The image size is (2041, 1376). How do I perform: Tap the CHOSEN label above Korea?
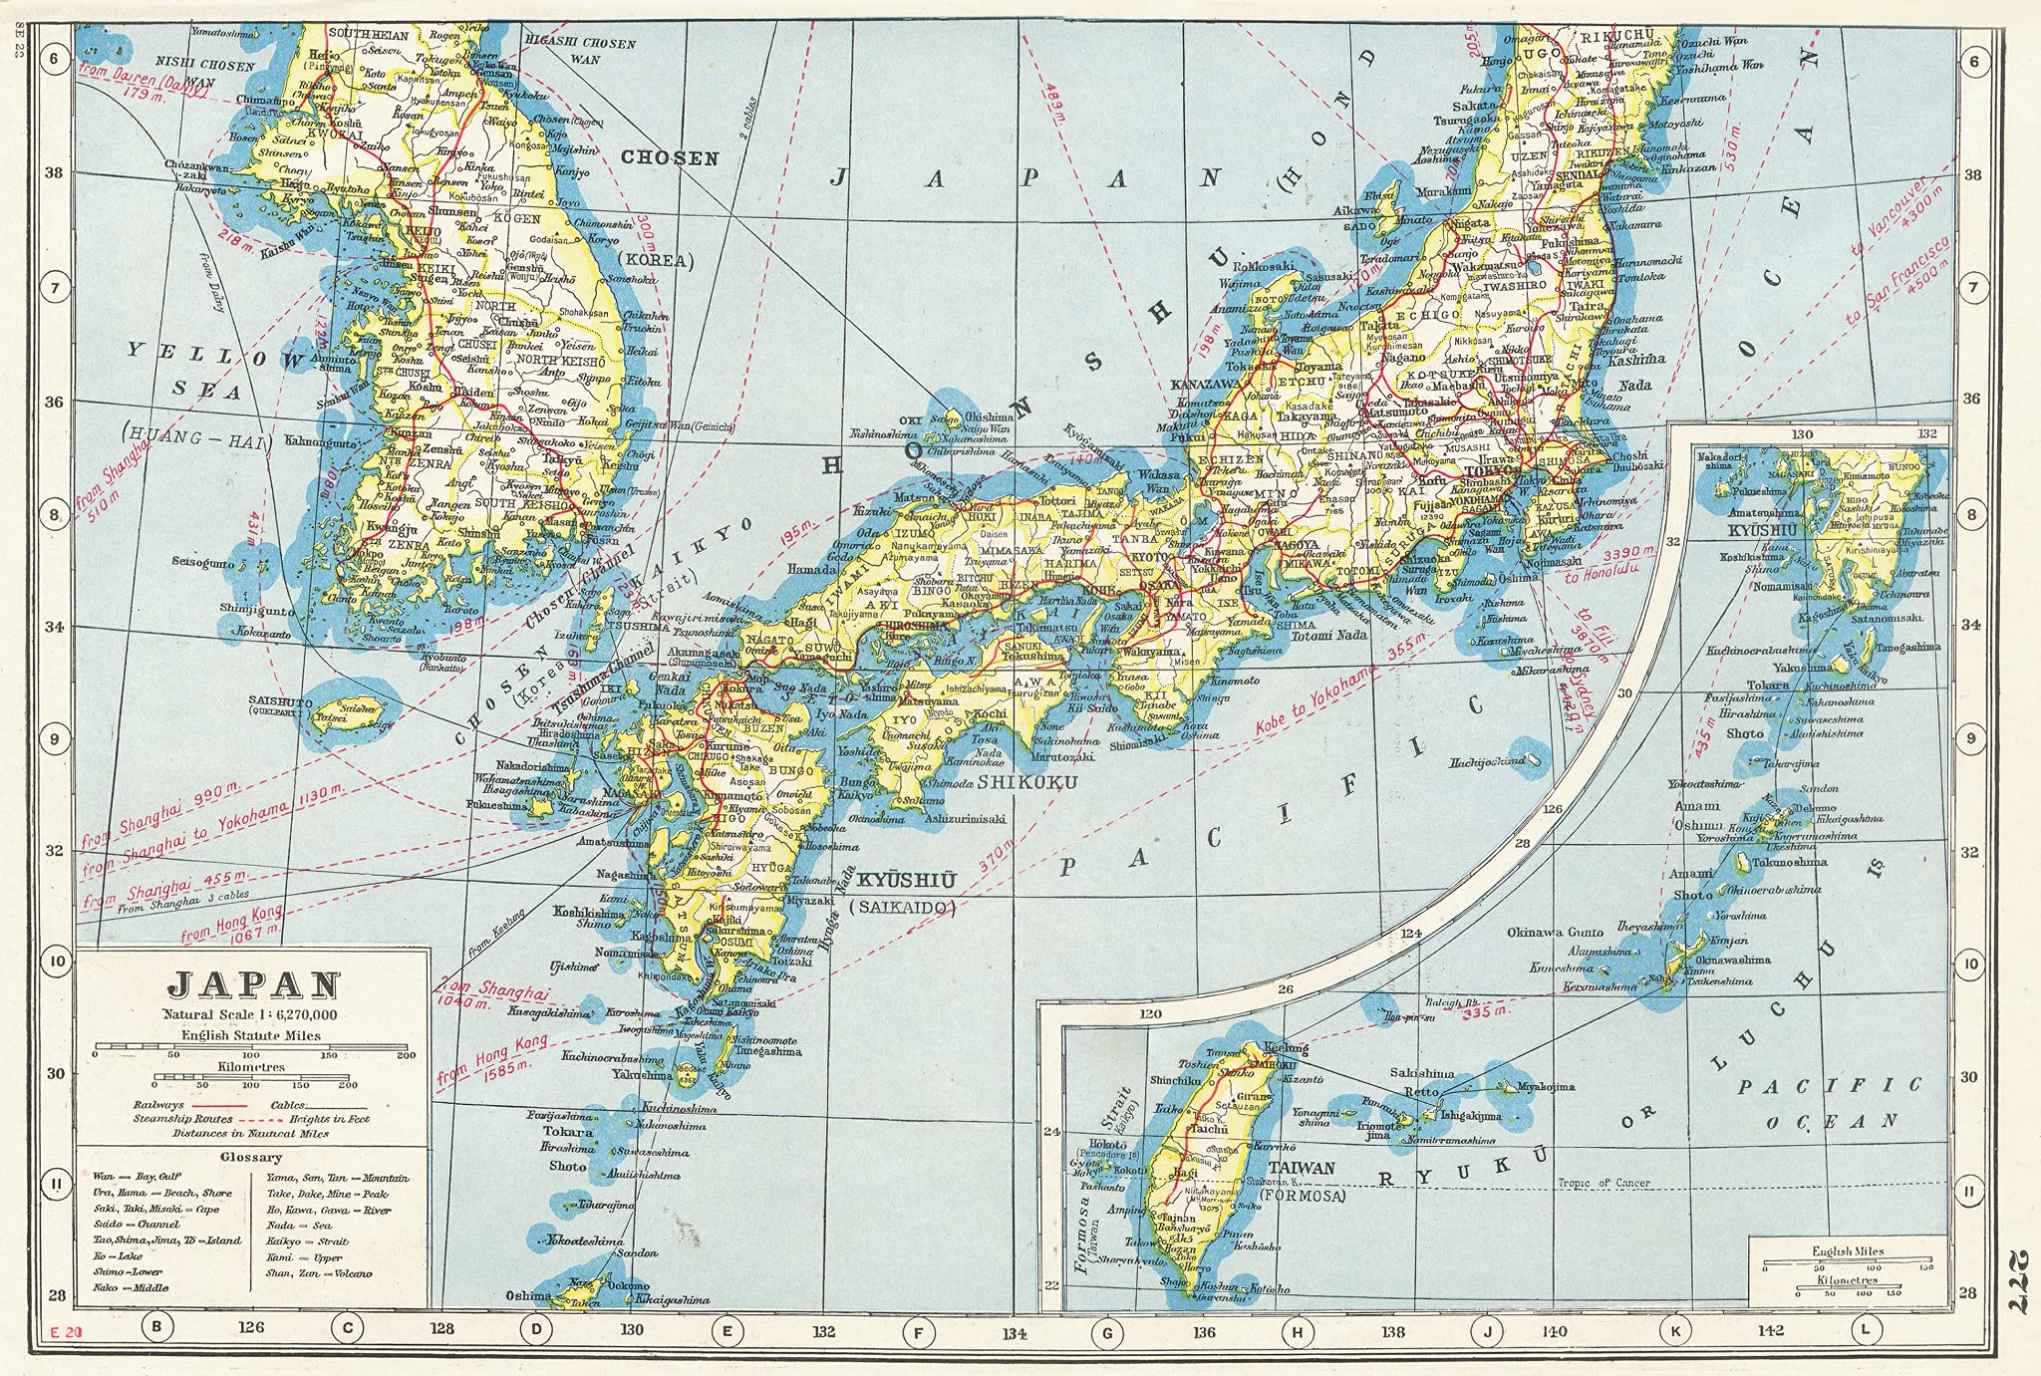tap(670, 157)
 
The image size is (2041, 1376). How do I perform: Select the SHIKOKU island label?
tap(1026, 782)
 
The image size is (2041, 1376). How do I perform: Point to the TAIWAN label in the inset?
tap(1302, 1167)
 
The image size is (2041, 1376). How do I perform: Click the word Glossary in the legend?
tap(252, 1157)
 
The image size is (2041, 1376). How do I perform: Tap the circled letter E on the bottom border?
tap(727, 1328)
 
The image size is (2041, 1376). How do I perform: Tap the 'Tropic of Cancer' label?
tap(1604, 1183)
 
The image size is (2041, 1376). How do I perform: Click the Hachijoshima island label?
tap(1486, 761)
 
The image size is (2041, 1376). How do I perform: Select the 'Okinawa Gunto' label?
tap(1555, 933)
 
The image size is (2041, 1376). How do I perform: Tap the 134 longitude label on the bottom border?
tap(1015, 1332)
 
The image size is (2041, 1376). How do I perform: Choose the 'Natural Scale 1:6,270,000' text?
tap(251, 1014)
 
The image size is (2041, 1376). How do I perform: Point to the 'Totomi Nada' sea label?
tap(1328, 635)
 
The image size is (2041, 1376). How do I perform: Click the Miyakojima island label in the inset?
tap(1546, 1087)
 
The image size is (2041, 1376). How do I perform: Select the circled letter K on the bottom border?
tap(1675, 1328)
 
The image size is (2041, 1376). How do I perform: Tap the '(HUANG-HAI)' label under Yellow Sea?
tap(195, 436)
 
